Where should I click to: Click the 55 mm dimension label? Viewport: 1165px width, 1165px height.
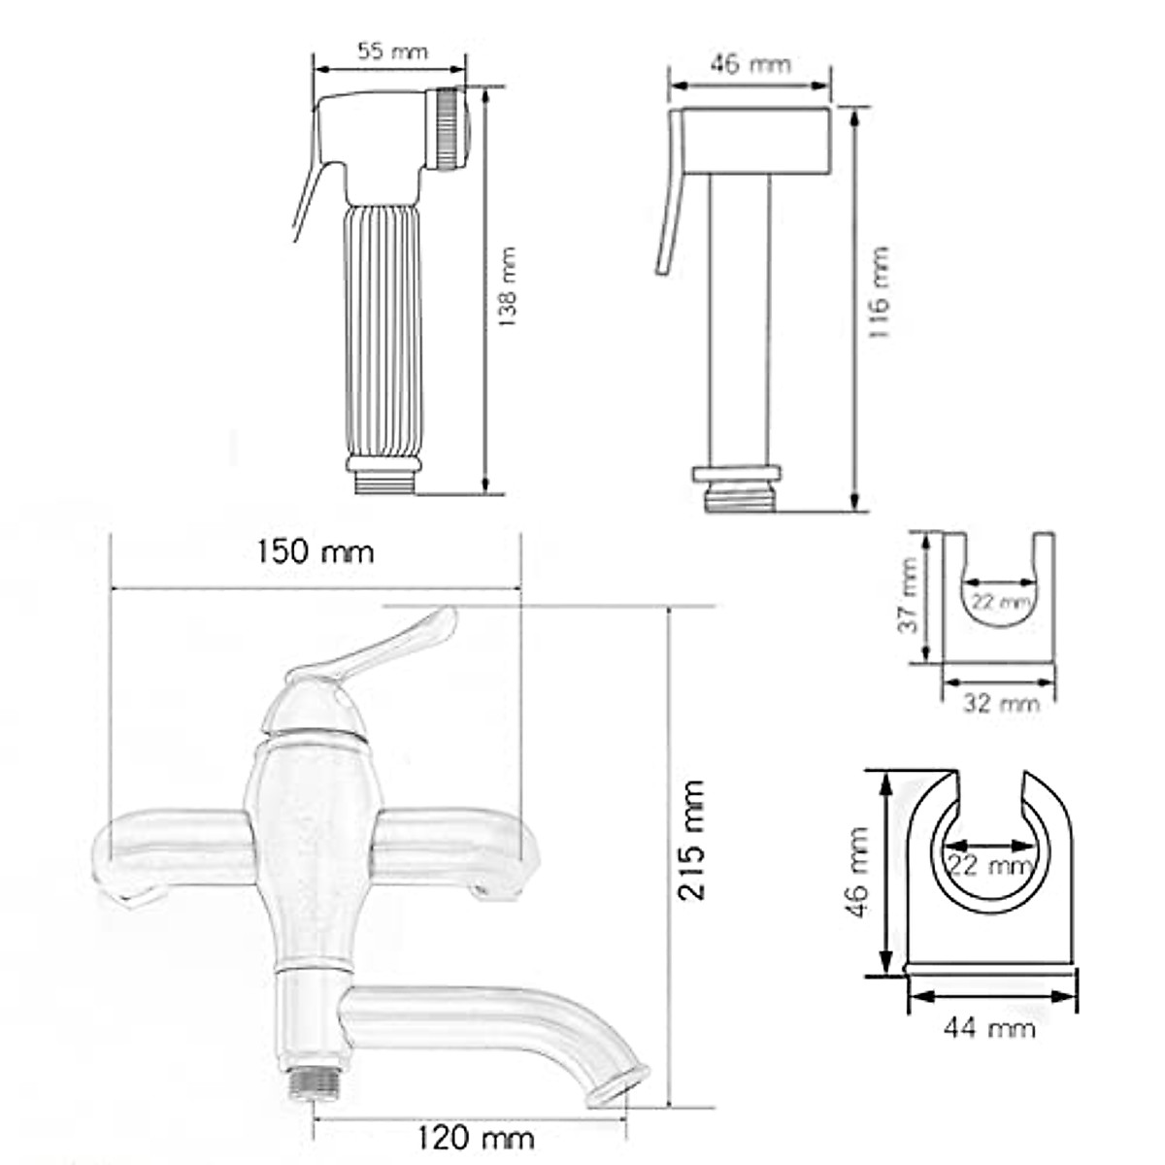pos(392,51)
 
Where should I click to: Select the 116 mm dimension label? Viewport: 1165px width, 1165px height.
pos(879,291)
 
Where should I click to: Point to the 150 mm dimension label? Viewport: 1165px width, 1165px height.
pos(316,552)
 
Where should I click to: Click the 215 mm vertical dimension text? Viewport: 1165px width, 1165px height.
pos(691,842)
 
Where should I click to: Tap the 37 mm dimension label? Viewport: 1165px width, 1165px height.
pos(908,595)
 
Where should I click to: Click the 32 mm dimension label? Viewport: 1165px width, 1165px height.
pos(1001,703)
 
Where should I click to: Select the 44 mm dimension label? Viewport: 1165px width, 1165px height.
pos(989,1028)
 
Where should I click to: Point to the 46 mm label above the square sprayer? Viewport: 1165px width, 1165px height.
pos(750,63)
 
